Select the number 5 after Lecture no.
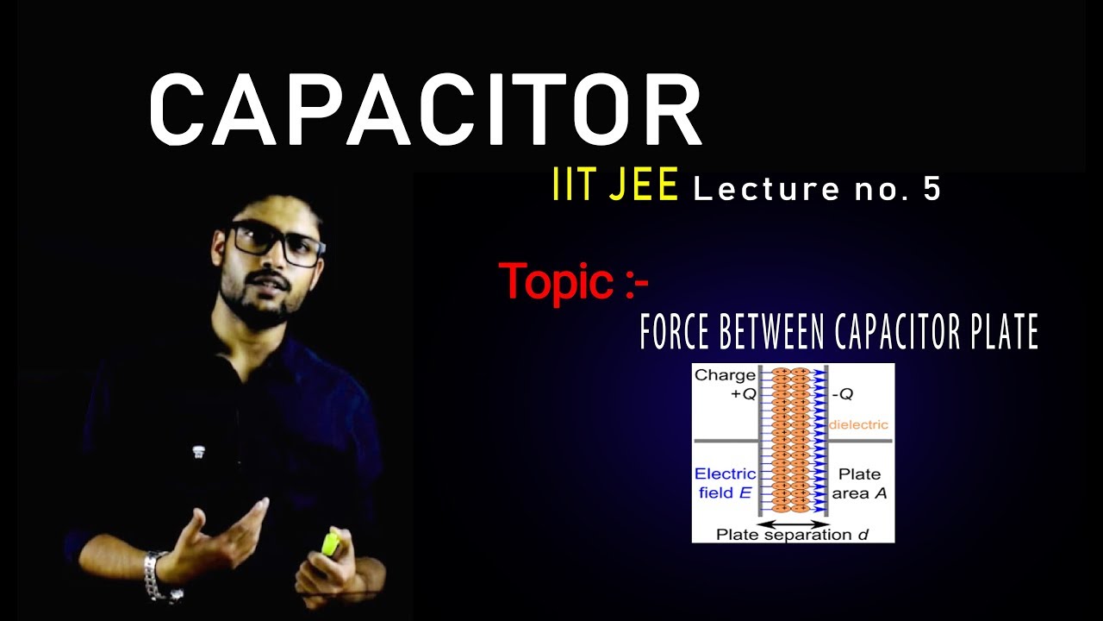932,190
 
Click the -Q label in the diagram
844,394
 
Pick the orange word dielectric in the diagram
858,425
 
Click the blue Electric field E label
725,484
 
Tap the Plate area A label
859,484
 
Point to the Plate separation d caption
792,535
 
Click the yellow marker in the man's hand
330,544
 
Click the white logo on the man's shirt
198,450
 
